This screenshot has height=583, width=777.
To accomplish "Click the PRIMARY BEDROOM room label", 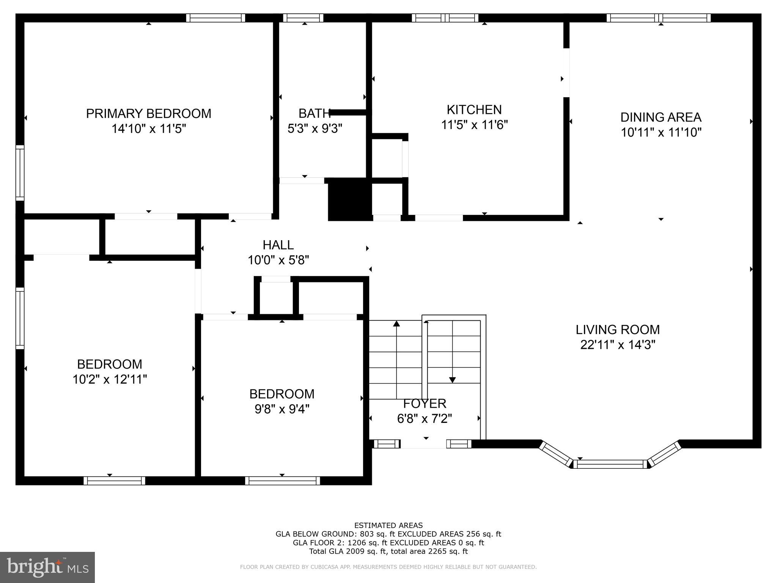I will (x=148, y=113).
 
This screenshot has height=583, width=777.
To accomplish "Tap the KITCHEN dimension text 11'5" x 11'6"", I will (x=474, y=125).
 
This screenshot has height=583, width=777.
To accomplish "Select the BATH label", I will (x=314, y=113).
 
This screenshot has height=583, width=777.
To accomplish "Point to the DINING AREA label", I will (x=661, y=117).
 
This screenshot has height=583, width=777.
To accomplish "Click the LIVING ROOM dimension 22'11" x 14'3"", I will (x=618, y=345).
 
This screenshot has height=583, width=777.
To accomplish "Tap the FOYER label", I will (x=424, y=403).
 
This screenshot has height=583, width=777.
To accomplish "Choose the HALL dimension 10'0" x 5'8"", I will (x=278, y=260).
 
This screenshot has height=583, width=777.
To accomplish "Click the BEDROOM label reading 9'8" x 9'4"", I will (x=282, y=394).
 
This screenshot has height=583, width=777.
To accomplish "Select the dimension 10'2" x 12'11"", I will (x=110, y=379).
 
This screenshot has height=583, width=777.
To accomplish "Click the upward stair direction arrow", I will (x=396, y=324).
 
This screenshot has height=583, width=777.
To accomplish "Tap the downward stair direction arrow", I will (x=452, y=379).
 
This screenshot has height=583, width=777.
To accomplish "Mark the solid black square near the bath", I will (x=349, y=199).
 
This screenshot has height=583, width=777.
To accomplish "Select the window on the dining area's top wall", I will (x=658, y=18).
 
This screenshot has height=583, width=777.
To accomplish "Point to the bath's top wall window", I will (x=303, y=18).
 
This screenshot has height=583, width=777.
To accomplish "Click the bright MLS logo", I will (x=47, y=567).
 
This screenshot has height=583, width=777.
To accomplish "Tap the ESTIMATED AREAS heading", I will (x=388, y=525).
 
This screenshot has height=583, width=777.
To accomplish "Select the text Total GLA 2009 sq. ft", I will (x=348, y=551).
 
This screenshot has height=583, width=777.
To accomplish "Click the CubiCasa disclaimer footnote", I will (x=388, y=567).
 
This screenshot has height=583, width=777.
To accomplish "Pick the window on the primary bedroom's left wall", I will (x=20, y=173).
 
